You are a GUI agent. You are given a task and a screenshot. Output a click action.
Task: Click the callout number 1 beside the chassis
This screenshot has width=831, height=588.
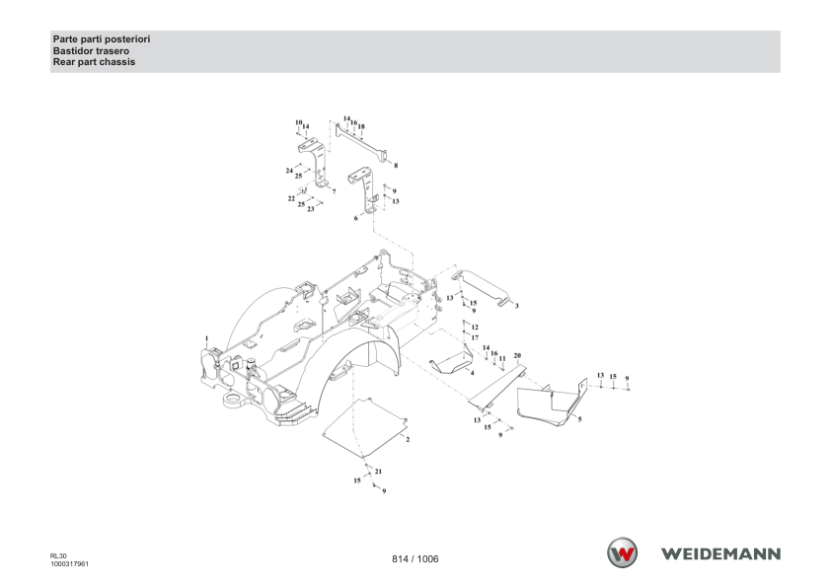[206, 338]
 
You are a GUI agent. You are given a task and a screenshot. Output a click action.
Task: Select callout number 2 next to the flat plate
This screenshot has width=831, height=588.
[408, 440]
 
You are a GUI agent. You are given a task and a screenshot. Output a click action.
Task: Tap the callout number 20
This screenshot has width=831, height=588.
[517, 355]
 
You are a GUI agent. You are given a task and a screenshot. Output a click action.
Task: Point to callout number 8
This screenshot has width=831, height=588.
[396, 166]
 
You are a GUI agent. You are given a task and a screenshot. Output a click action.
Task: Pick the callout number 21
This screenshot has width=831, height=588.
[378, 472]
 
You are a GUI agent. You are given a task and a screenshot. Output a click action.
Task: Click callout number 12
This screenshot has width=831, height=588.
[475, 328]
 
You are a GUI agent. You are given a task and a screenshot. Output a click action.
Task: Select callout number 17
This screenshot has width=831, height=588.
[475, 337]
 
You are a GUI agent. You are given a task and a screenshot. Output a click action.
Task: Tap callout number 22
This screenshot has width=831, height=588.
[291, 198]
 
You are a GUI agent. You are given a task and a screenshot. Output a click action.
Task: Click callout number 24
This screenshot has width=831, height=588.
[289, 171]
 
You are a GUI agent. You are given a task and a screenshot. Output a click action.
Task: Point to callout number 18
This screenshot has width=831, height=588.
[361, 126]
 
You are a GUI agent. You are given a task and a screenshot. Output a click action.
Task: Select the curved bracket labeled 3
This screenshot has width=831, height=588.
[482, 289]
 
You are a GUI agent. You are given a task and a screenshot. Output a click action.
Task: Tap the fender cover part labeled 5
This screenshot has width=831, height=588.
[551, 403]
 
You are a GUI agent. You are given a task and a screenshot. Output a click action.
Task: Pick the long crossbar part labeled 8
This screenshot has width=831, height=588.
[360, 141]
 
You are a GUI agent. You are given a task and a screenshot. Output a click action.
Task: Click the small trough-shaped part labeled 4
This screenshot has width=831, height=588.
[451, 361]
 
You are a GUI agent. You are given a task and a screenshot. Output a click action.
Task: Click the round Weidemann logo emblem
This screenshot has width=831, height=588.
[622, 552]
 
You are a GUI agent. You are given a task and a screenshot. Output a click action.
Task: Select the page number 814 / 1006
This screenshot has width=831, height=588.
[415, 558]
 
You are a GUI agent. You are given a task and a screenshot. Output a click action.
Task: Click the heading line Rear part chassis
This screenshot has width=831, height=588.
[94, 62]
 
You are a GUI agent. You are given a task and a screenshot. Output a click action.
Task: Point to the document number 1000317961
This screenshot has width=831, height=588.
[69, 564]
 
